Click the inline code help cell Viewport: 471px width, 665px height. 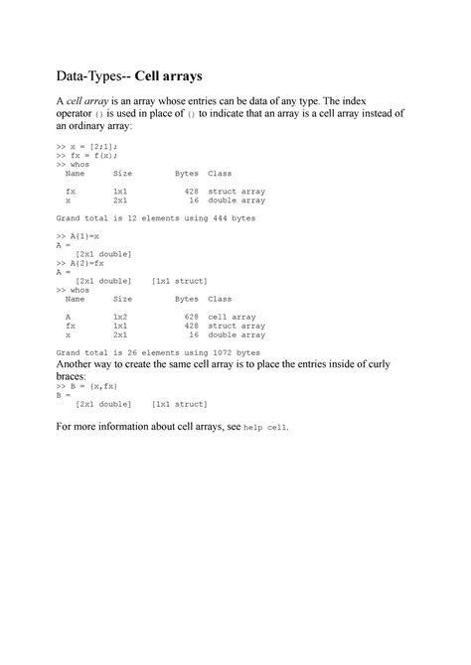[x=264, y=428]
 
